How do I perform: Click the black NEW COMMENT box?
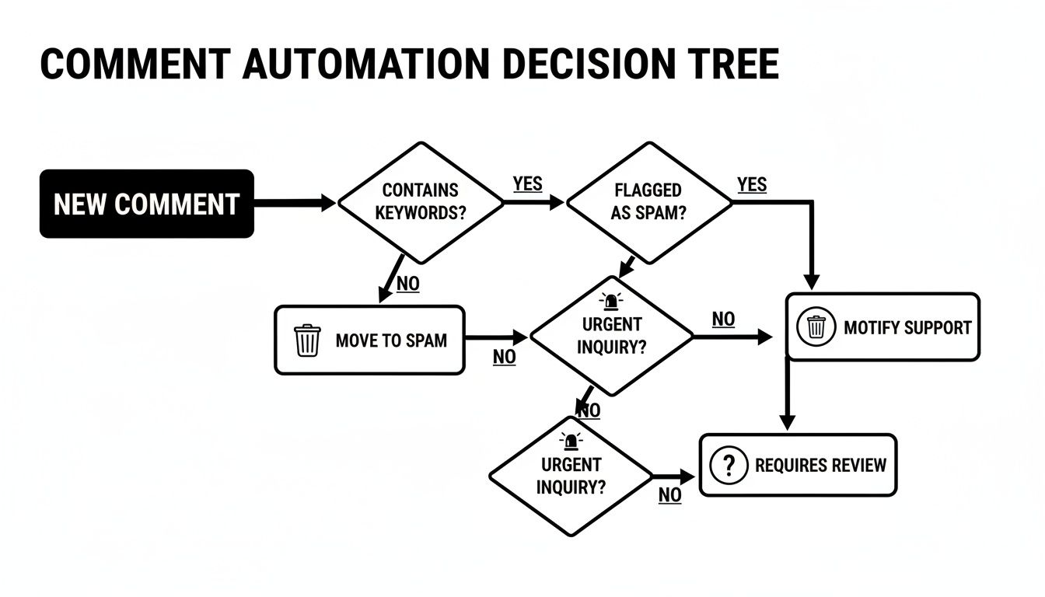(147, 204)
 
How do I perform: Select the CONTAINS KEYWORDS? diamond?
(421, 202)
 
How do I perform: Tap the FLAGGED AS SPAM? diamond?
(648, 202)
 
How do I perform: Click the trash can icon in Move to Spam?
(307, 340)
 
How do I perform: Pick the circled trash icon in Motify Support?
(816, 326)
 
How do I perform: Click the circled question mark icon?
(729, 465)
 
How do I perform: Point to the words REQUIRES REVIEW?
(820, 465)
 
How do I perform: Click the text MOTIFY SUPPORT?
(907, 327)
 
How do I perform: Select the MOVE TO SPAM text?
(391, 340)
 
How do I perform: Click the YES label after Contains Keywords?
(528, 183)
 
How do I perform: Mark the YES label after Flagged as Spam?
(752, 184)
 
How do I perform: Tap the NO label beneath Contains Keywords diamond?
(407, 284)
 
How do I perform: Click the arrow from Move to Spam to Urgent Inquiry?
(496, 337)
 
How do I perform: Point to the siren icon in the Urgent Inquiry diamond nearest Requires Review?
(571, 441)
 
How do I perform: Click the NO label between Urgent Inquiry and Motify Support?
(723, 319)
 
